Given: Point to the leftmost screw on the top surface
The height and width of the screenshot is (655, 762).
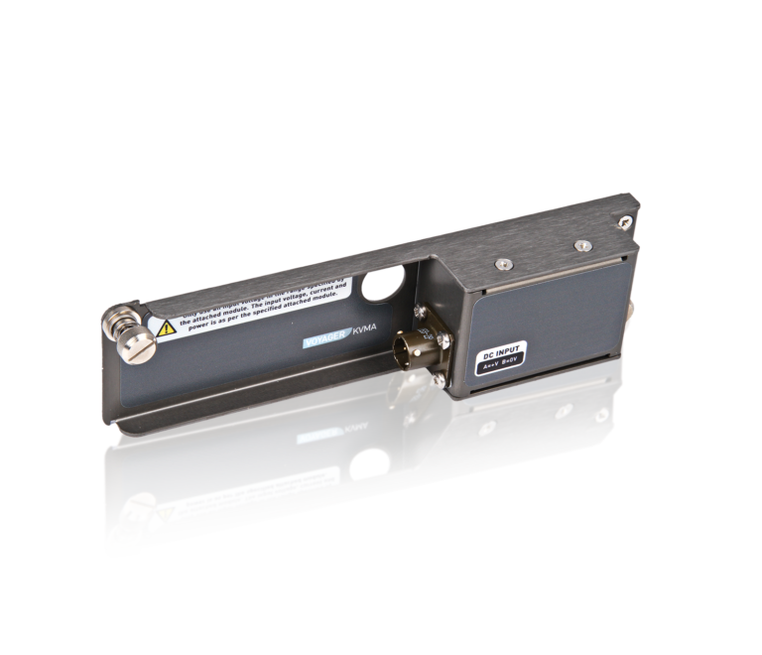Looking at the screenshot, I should [x=504, y=262].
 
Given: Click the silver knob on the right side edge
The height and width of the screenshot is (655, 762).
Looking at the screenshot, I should [x=632, y=322].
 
